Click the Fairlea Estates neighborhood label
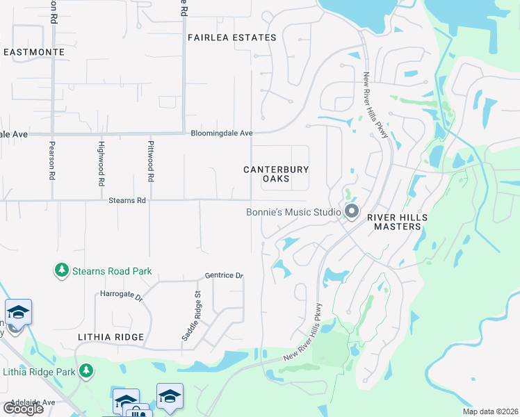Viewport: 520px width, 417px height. tap(232, 38)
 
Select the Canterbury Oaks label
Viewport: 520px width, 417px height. tap(275, 174)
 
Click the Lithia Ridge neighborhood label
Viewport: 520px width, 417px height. tap(112, 337)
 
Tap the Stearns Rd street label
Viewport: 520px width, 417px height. tap(128, 200)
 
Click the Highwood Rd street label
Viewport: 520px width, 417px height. tap(101, 161)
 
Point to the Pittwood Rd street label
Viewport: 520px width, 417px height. tap(150, 161)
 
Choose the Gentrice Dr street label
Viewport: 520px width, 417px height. tap(224, 276)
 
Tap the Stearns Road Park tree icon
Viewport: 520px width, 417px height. tap(62, 270)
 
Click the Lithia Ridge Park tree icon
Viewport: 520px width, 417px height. tap(86, 371)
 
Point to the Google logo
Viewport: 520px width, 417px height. tap(22, 409)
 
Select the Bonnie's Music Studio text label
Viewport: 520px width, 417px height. tap(294, 212)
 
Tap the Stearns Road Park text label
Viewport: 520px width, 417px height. tap(112, 271)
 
